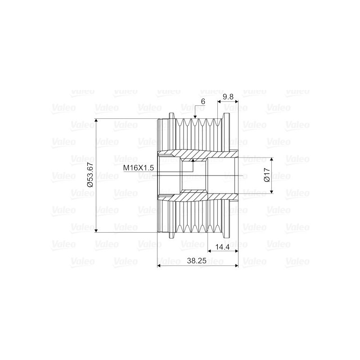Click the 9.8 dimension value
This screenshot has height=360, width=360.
coord(228,97)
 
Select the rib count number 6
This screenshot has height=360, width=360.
coord(203,101)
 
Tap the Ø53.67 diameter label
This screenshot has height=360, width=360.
coord(90,175)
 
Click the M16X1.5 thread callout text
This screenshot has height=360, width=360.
coord(139,168)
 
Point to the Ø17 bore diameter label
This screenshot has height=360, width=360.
coord(267,175)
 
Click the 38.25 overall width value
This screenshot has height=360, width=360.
coord(197,261)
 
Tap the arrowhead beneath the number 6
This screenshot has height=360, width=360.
coord(195,117)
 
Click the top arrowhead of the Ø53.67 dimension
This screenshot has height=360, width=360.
coord(96,121)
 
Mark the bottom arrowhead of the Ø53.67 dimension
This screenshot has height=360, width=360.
coord(96,230)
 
